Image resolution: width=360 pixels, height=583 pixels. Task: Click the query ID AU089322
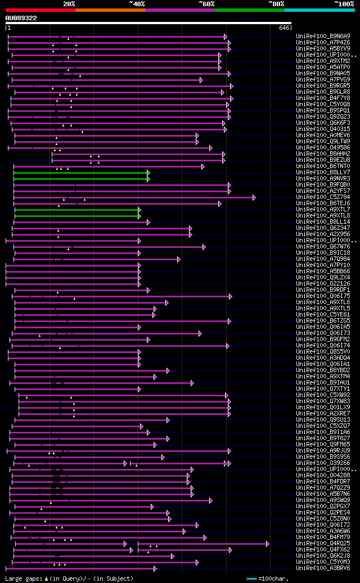click(x=21, y=18)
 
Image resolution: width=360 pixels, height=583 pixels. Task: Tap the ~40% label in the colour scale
click(x=137, y=3)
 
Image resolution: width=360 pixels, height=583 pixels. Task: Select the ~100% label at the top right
click(x=344, y=3)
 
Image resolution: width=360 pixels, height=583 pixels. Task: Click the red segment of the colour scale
click(x=40, y=10)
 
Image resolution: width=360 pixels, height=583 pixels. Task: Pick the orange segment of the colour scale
click(x=110, y=10)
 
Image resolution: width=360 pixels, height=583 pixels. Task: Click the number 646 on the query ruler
click(x=283, y=28)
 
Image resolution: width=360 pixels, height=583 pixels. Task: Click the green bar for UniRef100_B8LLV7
click(x=80, y=173)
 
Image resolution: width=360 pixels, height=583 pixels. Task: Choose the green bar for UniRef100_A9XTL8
click(x=76, y=216)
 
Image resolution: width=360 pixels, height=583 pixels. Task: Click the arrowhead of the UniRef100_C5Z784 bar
click(x=254, y=197)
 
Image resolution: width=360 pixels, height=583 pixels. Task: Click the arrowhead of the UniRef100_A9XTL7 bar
click(x=139, y=210)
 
